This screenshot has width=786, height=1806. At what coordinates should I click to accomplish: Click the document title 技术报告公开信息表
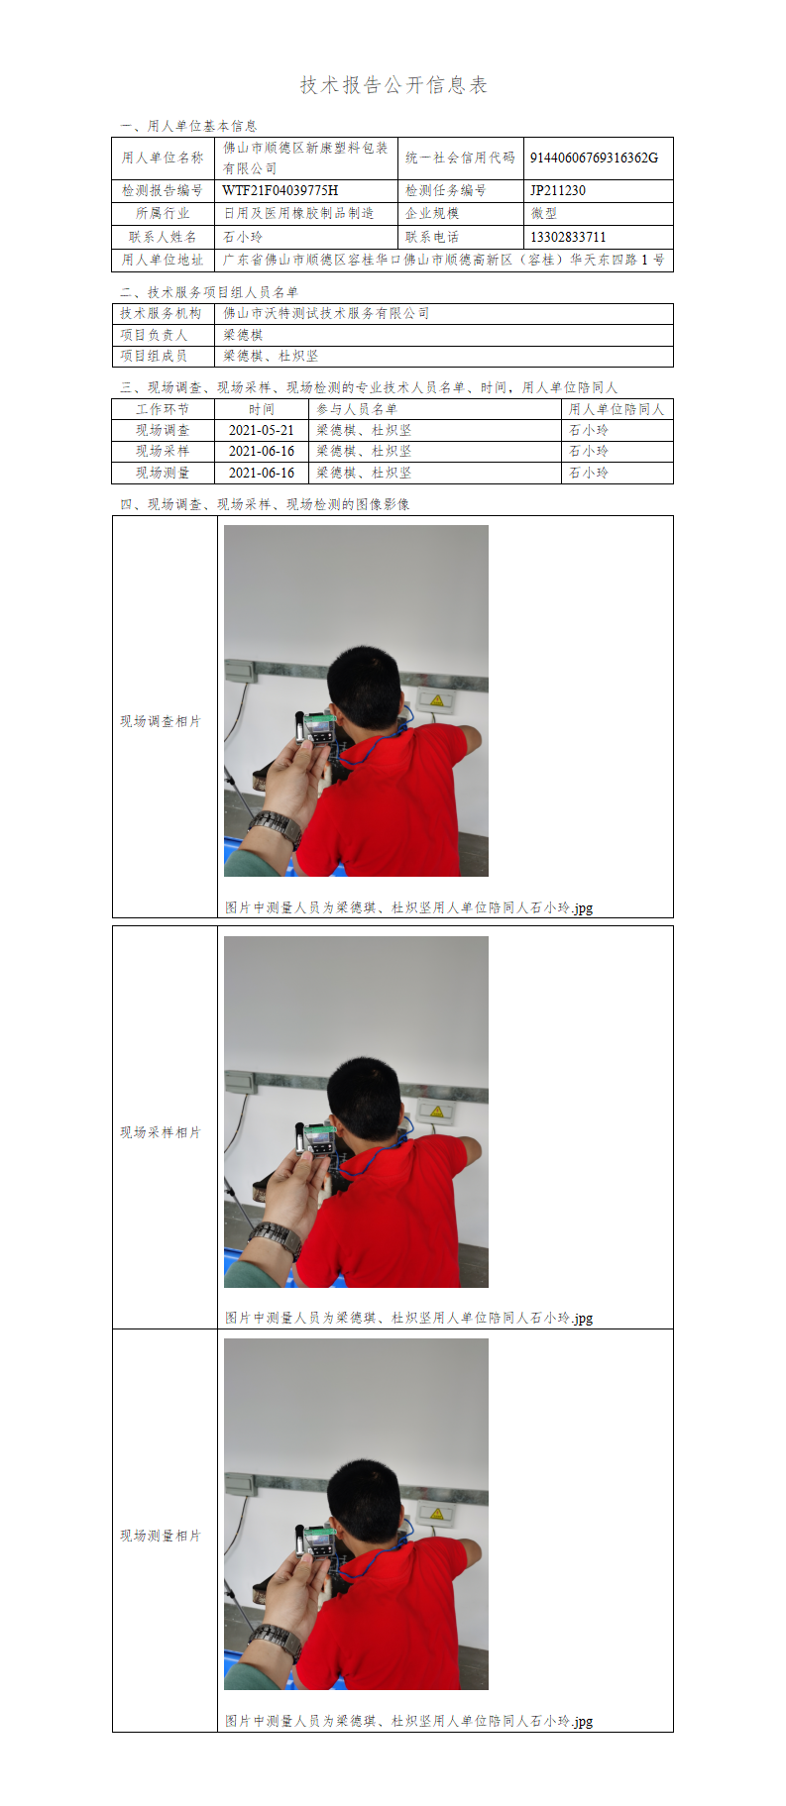393,85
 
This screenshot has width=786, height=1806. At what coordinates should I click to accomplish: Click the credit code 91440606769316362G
594,158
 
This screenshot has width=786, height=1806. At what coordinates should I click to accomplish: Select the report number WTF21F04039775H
281,190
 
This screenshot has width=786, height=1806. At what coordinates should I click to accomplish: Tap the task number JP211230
558,190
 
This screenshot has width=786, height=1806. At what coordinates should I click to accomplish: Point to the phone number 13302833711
568,237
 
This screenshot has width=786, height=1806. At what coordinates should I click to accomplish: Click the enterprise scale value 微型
544,213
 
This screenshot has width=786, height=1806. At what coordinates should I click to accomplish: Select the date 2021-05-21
262,430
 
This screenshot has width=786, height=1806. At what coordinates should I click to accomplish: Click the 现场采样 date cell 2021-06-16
262,451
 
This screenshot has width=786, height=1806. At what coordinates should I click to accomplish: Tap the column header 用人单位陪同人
617,409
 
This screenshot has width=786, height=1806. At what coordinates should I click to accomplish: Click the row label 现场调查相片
161,721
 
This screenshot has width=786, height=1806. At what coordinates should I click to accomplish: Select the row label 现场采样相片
161,1132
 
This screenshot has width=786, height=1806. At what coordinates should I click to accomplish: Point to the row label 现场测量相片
161,1536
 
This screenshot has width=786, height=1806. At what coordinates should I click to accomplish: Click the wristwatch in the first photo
276,827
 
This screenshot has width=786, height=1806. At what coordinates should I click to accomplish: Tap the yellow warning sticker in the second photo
436,1112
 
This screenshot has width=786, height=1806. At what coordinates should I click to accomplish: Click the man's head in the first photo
364,688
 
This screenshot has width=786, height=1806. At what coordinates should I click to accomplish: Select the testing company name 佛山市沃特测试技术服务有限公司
326,313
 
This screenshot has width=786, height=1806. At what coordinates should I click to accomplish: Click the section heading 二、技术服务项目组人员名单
209,292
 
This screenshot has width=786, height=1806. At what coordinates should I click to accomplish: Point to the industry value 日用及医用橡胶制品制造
298,213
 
